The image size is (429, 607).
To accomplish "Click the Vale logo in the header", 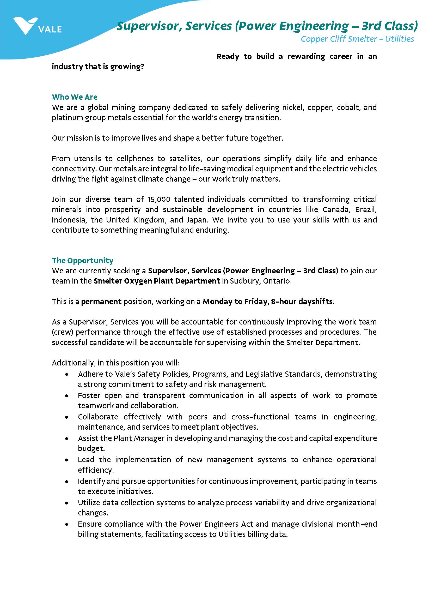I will click(37, 26).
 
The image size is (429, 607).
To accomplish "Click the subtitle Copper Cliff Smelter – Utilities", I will click(357, 39).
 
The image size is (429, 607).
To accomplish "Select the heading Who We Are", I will click(75, 97).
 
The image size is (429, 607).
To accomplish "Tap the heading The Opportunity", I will click(82, 260).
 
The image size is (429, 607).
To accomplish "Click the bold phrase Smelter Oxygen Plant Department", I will click(157, 281).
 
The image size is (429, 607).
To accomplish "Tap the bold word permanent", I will click(101, 301).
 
